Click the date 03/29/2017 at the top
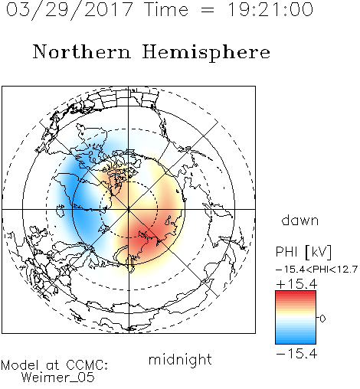[x=69, y=10]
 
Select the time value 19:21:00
[x=270, y=10]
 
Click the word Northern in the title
[x=82, y=51]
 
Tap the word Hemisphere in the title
[x=206, y=53]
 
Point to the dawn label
[x=300, y=220]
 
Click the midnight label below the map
[x=180, y=360]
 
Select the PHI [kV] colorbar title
[x=303, y=252]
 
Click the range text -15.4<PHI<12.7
[x=316, y=270]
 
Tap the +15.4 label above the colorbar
[x=296, y=284]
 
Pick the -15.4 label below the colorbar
[x=296, y=354]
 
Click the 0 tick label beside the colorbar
[x=323, y=319]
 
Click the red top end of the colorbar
[x=296, y=293]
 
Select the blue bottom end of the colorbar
[x=296, y=341]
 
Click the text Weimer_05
[x=58, y=377]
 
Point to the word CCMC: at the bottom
[x=87, y=365]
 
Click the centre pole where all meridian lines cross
[x=129, y=209]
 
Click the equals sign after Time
[x=207, y=10]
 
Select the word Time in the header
[x=166, y=10]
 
